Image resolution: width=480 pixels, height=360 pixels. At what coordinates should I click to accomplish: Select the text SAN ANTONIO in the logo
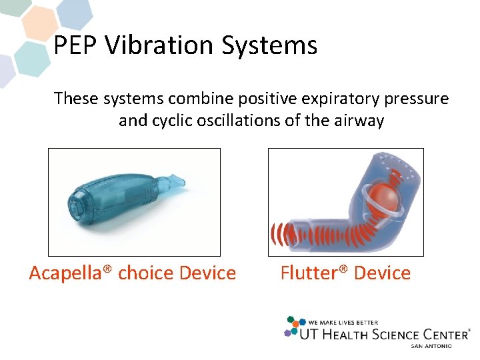tap(431, 346)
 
